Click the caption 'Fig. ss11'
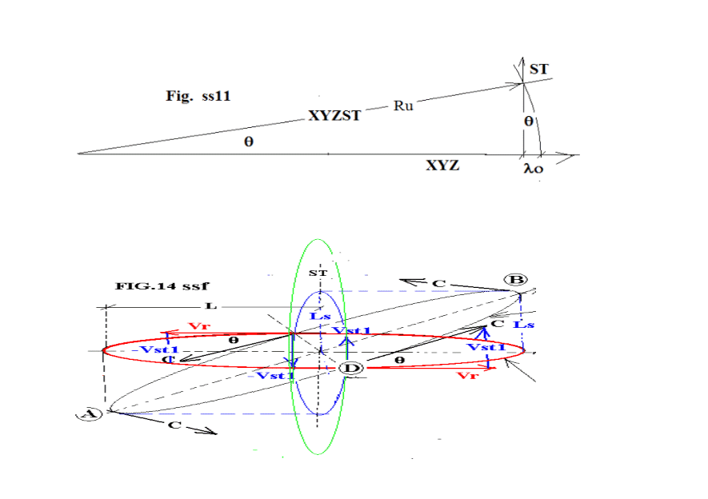(x=198, y=96)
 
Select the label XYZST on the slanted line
(x=334, y=116)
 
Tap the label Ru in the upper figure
(x=403, y=106)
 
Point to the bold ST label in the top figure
(x=538, y=70)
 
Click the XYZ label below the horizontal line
(x=442, y=166)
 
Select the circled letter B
(x=515, y=280)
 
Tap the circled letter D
(x=350, y=368)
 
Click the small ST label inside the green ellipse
(x=318, y=274)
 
